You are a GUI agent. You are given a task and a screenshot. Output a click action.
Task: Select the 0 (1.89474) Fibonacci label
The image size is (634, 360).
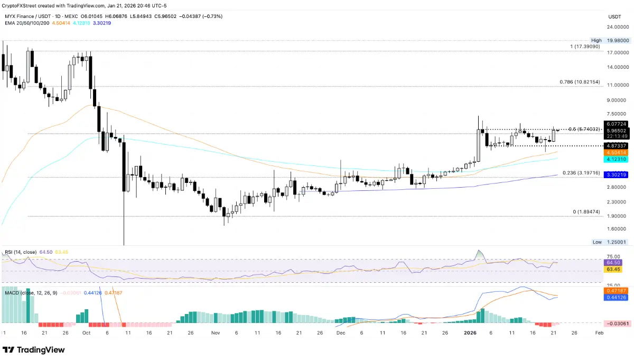[x=586, y=211]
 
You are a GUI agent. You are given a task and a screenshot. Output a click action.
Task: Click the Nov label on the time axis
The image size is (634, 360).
[x=215, y=334]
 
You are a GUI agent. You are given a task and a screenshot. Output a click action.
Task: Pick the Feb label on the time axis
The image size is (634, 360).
[x=598, y=334]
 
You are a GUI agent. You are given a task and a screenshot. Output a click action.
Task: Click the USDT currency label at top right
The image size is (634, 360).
[x=614, y=16]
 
